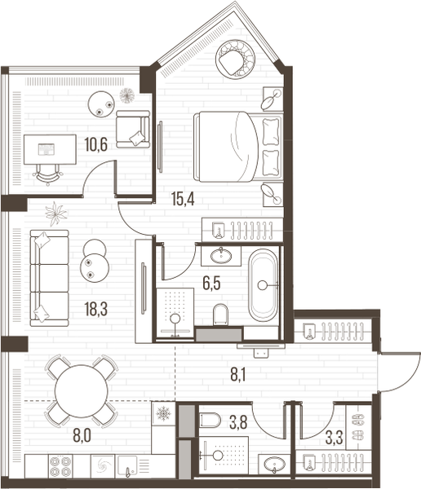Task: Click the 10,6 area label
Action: point(96,145)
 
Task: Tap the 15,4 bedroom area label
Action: point(183,199)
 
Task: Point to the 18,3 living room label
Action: point(96,309)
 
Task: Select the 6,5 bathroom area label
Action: point(211,284)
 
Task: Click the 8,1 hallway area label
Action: point(238,374)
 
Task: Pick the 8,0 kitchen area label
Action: point(82,436)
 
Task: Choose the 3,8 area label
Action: point(238,422)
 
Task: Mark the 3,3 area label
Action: point(335,437)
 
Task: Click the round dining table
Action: point(82,391)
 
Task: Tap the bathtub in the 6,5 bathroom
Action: point(264,285)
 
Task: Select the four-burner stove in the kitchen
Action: point(60,466)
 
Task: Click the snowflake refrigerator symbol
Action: point(163,413)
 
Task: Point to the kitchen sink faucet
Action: point(127,472)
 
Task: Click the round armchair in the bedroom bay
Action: point(235,59)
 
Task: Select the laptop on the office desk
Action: point(47,149)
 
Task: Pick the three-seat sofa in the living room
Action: point(49,278)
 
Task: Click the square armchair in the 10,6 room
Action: point(132,129)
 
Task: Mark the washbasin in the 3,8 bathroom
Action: point(274,465)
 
